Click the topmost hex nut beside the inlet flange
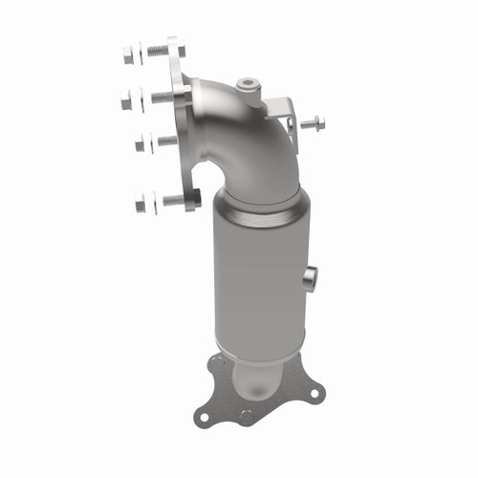[x=129, y=56]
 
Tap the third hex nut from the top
[x=141, y=144]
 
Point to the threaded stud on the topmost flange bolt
[x=154, y=54]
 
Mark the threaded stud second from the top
[x=155, y=96]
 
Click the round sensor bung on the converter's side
[x=309, y=278]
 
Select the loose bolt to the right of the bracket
[x=313, y=123]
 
